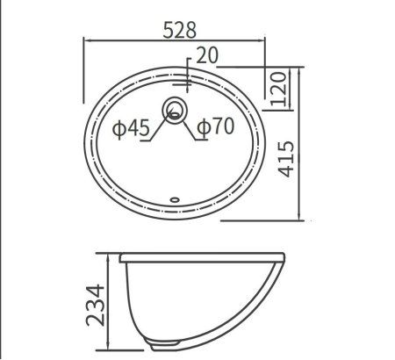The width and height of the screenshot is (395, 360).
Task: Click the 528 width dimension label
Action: tap(179, 30)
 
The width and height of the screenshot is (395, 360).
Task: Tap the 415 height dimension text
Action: tap(285, 159)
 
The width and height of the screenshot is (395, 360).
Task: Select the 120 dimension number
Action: tap(278, 89)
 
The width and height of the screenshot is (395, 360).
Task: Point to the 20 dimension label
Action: tap(207, 55)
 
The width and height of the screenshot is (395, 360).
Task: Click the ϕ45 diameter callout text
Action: tap(131, 128)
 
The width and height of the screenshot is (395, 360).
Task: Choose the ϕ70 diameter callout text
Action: tap(216, 126)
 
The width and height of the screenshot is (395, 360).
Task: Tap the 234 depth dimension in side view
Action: tap(95, 306)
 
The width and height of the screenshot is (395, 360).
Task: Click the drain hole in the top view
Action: tap(174, 110)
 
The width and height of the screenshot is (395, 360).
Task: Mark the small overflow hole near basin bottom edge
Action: tap(175, 199)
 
